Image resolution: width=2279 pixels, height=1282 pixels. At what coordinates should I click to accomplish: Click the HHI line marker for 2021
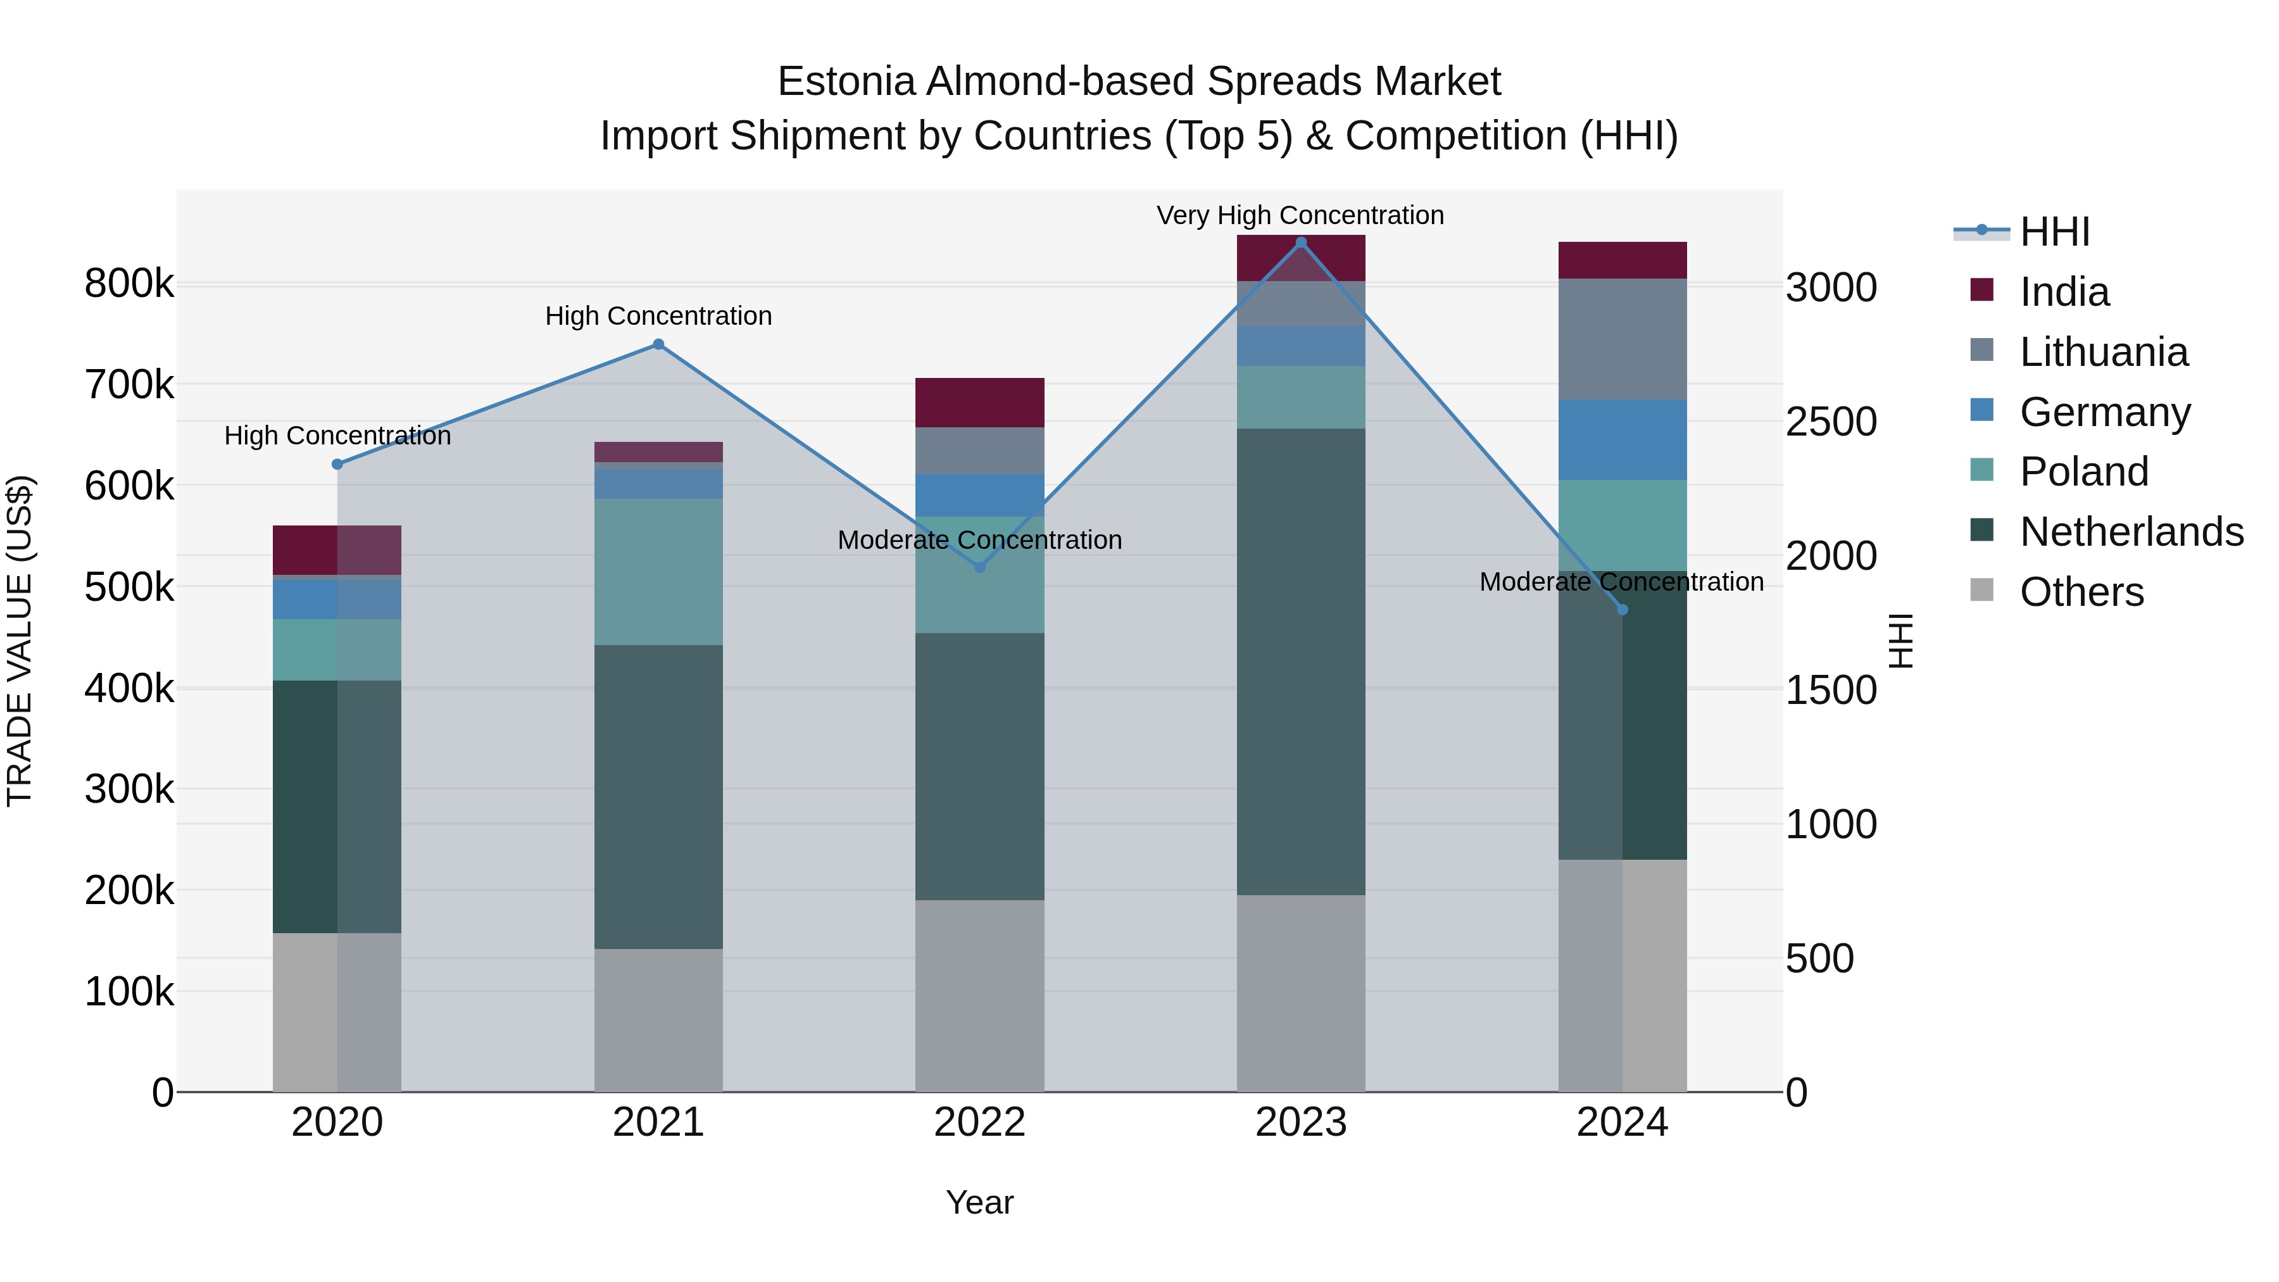click(x=658, y=344)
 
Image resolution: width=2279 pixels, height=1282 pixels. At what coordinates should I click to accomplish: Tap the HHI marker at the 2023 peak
click(x=1300, y=242)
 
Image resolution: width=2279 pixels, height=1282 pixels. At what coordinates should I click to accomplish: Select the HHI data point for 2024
click(x=1623, y=610)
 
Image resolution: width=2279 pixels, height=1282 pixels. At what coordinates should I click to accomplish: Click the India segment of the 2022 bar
click(x=979, y=403)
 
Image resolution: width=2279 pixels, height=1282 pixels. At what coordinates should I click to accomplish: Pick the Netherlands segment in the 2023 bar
click(x=1300, y=662)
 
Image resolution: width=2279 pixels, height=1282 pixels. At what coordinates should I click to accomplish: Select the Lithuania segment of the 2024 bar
click(x=1623, y=339)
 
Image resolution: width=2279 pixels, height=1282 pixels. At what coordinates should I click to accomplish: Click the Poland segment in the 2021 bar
click(x=658, y=572)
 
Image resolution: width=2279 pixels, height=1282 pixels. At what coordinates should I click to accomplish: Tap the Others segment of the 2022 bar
click(x=979, y=995)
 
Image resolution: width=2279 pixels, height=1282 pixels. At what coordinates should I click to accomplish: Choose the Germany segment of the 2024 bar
click(x=1623, y=440)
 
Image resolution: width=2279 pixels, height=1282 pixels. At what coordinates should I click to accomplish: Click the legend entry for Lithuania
click(x=2103, y=352)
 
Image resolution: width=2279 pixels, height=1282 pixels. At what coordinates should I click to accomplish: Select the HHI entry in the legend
click(x=2054, y=232)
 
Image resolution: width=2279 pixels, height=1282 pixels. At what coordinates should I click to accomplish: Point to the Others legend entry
click(x=2081, y=592)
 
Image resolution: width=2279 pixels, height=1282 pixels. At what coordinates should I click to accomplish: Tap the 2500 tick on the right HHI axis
click(x=1830, y=422)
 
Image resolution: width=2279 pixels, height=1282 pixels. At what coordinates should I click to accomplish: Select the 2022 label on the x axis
click(x=979, y=1122)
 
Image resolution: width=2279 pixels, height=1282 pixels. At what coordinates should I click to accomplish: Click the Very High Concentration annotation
click(x=1300, y=215)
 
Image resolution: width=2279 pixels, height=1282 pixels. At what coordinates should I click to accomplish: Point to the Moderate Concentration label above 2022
click(x=979, y=539)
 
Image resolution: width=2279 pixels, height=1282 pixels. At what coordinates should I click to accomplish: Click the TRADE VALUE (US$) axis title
click(x=20, y=641)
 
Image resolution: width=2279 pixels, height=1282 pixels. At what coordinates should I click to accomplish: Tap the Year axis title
click(x=979, y=1202)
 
